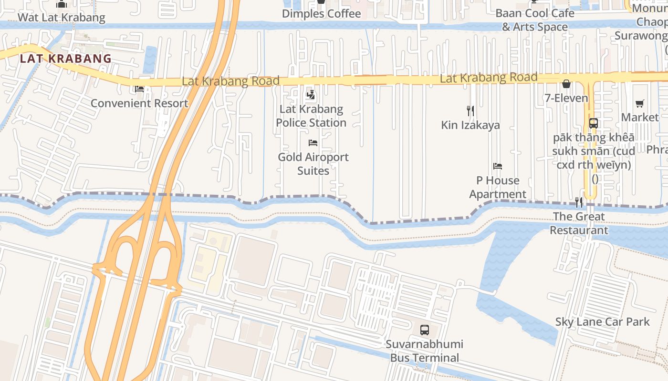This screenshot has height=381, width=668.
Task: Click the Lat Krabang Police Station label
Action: (x=311, y=116)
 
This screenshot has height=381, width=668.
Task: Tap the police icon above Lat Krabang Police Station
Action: (x=311, y=94)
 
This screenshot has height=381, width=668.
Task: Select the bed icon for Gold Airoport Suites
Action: (x=313, y=143)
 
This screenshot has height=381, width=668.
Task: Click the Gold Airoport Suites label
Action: (x=313, y=163)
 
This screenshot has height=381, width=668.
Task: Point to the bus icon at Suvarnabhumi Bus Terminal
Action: (x=424, y=330)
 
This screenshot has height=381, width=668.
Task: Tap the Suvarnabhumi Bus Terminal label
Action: (x=424, y=351)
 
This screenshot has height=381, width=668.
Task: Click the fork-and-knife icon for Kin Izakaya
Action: (x=470, y=111)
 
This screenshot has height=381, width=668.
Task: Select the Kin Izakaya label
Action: (x=470, y=125)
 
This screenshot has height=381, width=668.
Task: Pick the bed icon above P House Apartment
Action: (x=498, y=166)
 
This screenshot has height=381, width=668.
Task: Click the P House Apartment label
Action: (x=498, y=187)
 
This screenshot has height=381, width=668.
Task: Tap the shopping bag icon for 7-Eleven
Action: (x=566, y=84)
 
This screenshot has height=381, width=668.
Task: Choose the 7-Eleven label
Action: (x=566, y=98)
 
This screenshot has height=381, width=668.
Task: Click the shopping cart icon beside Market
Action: (x=640, y=103)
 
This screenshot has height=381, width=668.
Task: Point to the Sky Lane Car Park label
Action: (x=602, y=322)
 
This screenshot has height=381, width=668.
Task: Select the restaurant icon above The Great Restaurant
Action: (x=579, y=202)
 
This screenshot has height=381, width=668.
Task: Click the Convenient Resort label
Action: (x=139, y=103)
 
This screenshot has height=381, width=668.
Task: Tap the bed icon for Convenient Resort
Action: (x=139, y=89)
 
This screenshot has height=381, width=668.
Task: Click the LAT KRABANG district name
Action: (x=65, y=59)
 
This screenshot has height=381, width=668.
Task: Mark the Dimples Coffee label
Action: (x=321, y=13)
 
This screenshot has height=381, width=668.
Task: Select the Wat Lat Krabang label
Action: (x=61, y=18)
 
